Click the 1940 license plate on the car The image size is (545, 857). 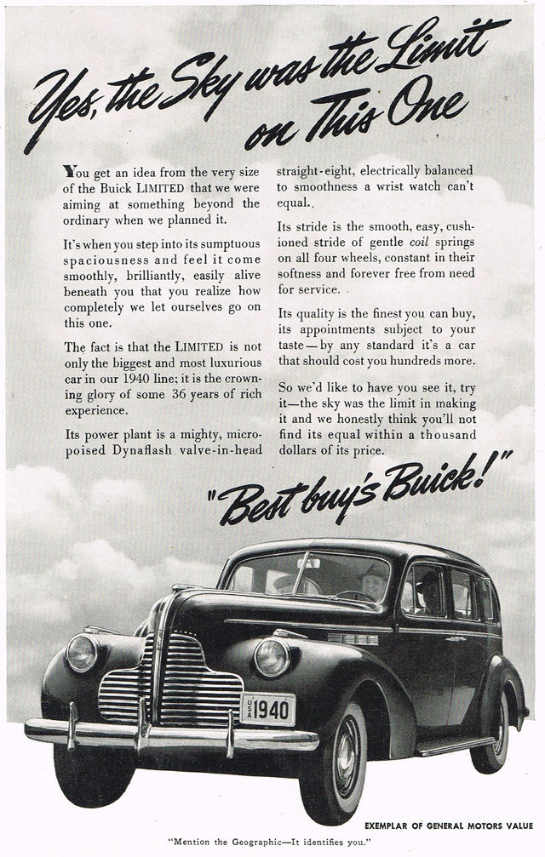coord(267,708)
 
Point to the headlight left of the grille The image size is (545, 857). coord(83,653)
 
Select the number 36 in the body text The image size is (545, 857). coord(175,395)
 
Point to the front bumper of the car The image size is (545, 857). coord(170,734)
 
